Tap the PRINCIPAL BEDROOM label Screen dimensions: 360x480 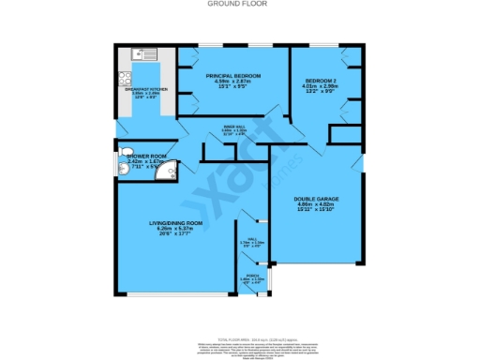[x=232, y=75]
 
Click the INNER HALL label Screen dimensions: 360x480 [x=234, y=125]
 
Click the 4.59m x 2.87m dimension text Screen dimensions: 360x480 [x=232, y=82]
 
